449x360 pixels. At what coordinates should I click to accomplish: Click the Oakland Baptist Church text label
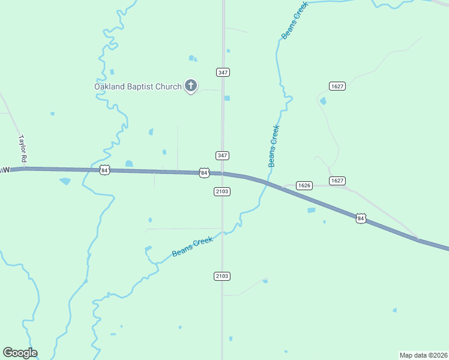pyautogui.click(x=137, y=86)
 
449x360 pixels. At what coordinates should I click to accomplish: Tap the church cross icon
pyautogui.click(x=191, y=86)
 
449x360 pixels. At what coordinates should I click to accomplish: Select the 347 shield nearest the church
pyautogui.click(x=223, y=72)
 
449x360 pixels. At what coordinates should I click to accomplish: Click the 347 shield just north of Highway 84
pyautogui.click(x=223, y=155)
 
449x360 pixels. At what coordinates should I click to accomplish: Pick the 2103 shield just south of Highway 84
pyautogui.click(x=222, y=191)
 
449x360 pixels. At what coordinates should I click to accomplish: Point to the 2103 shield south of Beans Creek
pyautogui.click(x=222, y=276)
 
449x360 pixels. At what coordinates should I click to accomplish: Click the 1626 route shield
pyautogui.click(x=304, y=185)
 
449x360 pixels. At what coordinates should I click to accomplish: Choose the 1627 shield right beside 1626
pyautogui.click(x=337, y=181)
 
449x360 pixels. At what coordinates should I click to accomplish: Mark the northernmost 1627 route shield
pyautogui.click(x=337, y=86)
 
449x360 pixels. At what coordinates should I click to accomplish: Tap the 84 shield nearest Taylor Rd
pyautogui.click(x=105, y=170)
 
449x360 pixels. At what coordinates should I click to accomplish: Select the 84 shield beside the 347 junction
pyautogui.click(x=204, y=173)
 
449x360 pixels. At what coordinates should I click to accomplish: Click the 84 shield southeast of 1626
pyautogui.click(x=360, y=218)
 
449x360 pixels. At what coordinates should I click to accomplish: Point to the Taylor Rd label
pyautogui.click(x=23, y=149)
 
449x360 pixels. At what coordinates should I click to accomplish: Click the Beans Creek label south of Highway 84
pyautogui.click(x=192, y=246)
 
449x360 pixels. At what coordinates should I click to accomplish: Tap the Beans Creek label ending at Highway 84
pyautogui.click(x=274, y=146)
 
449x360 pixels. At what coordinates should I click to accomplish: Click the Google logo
pyautogui.click(x=20, y=353)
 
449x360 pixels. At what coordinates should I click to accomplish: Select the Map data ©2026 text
pyautogui.click(x=423, y=355)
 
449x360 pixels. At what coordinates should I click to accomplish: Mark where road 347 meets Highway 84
pyautogui.click(x=223, y=174)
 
